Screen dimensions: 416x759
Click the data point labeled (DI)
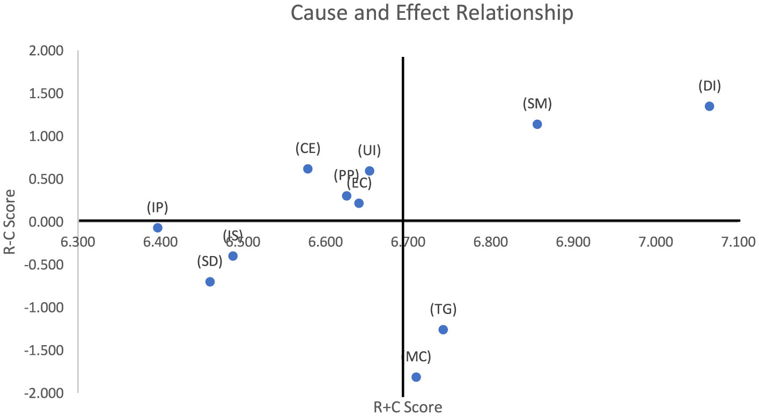pyautogui.click(x=709, y=106)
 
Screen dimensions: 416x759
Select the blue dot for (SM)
pyautogui.click(x=537, y=124)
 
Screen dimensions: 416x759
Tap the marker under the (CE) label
pyautogui.click(x=307, y=169)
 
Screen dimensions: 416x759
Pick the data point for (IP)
pyautogui.click(x=158, y=228)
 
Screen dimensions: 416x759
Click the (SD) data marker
pyautogui.click(x=210, y=282)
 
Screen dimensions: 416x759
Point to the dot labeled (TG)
pyautogui.click(x=443, y=330)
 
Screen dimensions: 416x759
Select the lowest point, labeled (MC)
pyautogui.click(x=416, y=377)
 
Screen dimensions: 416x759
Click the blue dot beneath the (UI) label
pyautogui.click(x=370, y=171)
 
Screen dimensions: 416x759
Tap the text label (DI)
pyautogui.click(x=709, y=86)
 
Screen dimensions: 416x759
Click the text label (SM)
pyautogui.click(x=537, y=104)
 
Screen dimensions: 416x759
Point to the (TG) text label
pyautogui.click(x=443, y=309)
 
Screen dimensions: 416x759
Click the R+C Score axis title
pyautogui.click(x=408, y=407)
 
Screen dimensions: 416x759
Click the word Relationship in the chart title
pyautogui.click(x=513, y=13)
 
